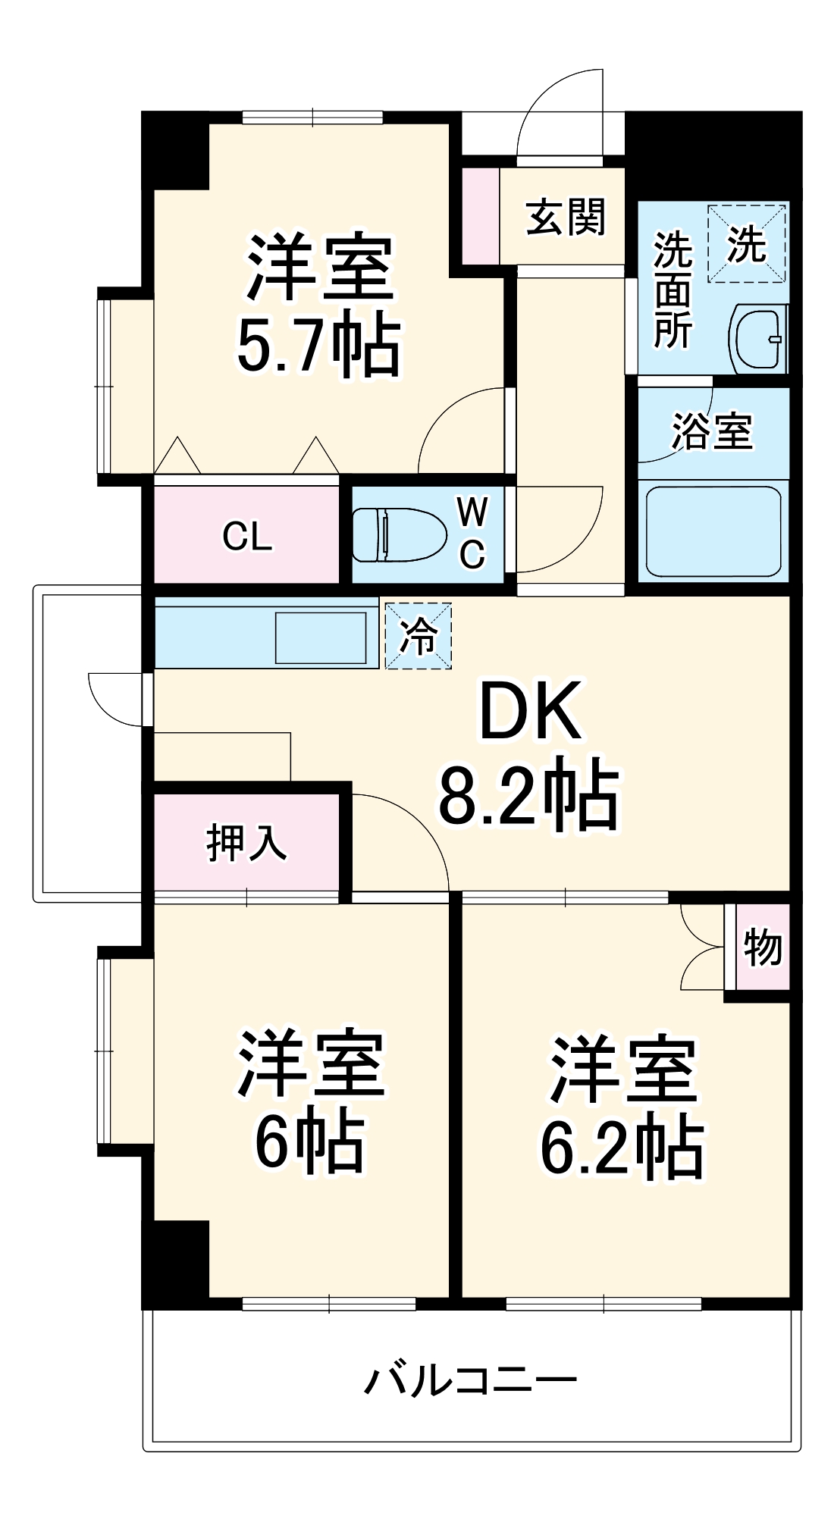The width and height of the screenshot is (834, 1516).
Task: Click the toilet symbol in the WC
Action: tap(398, 535)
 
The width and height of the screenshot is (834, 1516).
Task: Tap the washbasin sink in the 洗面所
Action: tap(758, 339)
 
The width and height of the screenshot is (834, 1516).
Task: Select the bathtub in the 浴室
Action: tap(713, 531)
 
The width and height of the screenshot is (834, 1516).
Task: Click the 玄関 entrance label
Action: tap(566, 218)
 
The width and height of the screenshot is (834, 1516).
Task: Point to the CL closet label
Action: tap(247, 537)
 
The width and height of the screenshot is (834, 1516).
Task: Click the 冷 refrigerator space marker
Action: tap(419, 636)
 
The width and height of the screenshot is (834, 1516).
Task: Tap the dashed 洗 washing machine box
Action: tap(747, 244)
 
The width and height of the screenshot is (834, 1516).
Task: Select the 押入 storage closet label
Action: tap(246, 842)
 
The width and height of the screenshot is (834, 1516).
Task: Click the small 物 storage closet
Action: tap(762, 947)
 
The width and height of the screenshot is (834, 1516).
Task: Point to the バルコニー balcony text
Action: tap(470, 1380)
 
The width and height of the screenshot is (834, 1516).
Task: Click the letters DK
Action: tap(531, 712)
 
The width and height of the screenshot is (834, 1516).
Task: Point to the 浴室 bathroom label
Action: tap(712, 431)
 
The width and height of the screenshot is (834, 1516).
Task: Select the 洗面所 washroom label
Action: tap(673, 290)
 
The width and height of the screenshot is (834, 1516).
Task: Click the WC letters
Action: tap(472, 533)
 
